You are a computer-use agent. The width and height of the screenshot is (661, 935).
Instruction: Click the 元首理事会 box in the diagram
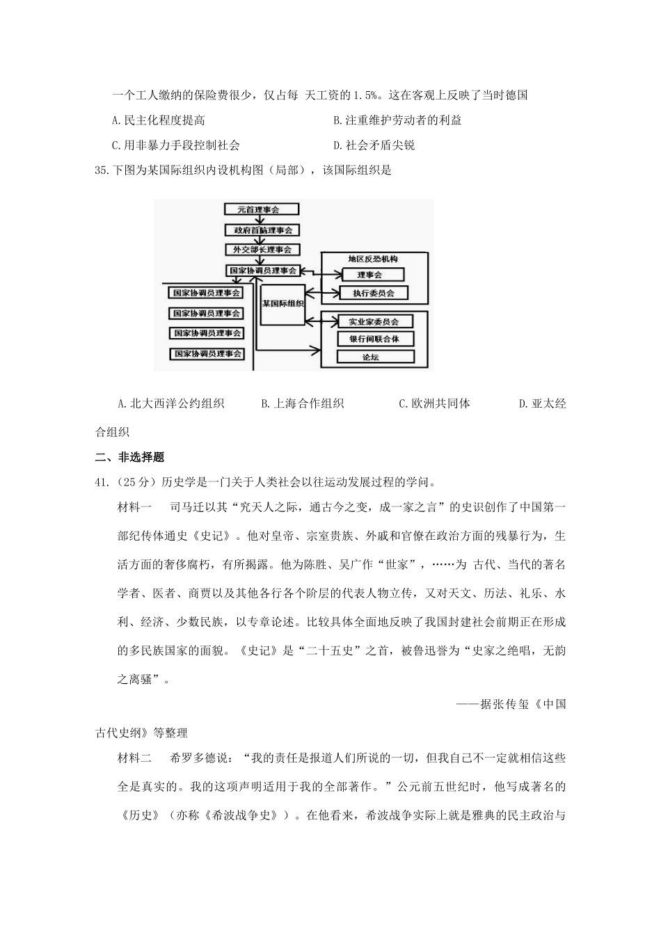[262, 209]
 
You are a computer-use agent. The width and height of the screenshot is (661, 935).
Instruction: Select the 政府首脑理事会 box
[262, 230]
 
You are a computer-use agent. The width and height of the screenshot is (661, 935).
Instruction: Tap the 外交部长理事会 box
[262, 250]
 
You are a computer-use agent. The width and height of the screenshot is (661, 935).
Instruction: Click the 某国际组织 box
[282, 304]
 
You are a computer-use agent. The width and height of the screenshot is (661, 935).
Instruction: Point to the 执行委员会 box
[373, 293]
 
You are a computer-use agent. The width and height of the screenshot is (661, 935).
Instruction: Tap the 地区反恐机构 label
[373, 259]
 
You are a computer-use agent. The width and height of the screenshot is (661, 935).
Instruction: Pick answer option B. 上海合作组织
[302, 403]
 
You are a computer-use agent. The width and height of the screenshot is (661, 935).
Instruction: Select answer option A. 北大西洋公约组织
[170, 403]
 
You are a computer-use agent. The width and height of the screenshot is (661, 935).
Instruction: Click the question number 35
[102, 170]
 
